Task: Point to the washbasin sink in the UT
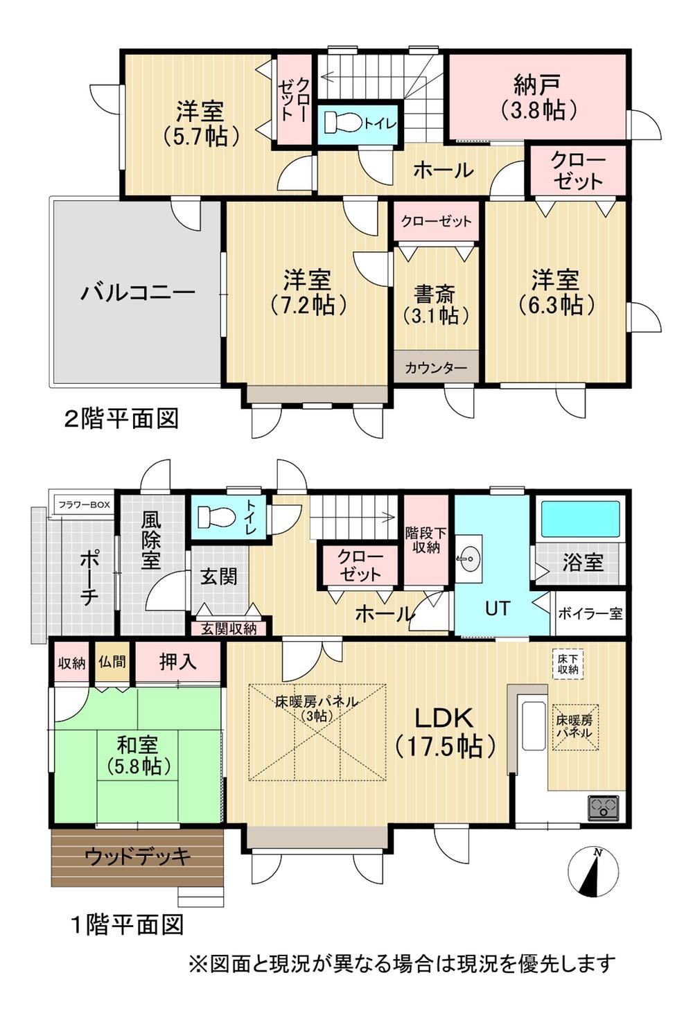pos(468,559)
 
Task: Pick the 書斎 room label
pos(434,294)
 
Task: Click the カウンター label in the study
pos(436,367)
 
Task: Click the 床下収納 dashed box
pos(568,663)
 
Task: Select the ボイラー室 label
pos(590,613)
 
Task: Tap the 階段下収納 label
pos(426,540)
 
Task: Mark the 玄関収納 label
pos(229,628)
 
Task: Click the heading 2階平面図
pos(121,418)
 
